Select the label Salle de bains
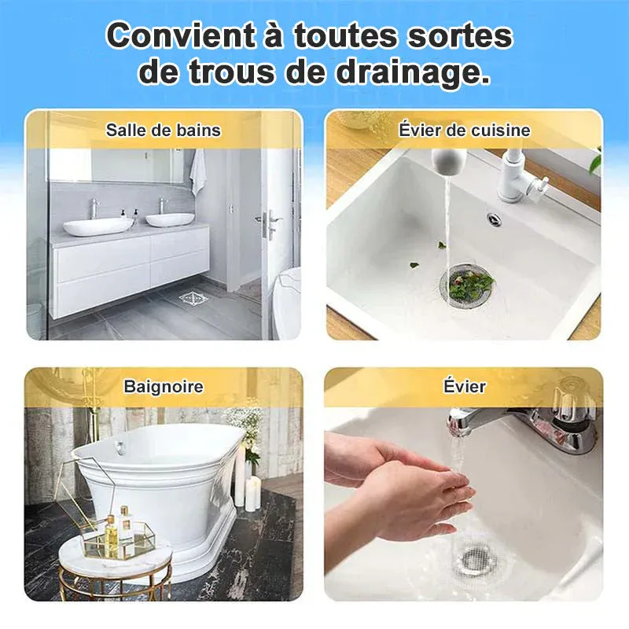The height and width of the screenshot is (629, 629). click(164, 131)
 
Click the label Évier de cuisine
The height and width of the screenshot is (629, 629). click(464, 131)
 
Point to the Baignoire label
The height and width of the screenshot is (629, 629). click(164, 386)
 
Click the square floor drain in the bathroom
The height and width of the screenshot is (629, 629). click(193, 298)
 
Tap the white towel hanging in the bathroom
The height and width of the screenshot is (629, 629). click(197, 171)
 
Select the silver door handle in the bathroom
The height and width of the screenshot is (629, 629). click(268, 223)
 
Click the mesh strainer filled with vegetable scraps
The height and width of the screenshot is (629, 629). click(467, 285)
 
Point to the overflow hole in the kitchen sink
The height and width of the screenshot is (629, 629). click(495, 219)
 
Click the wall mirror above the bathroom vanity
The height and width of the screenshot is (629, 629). click(116, 165)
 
